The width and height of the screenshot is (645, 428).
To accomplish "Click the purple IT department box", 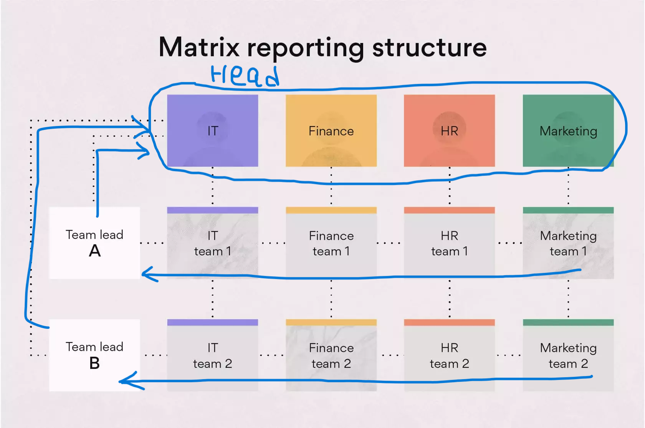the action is tap(213, 131).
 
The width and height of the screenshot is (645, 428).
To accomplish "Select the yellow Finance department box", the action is tap(331, 131).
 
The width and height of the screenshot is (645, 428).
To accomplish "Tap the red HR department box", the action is tap(450, 131).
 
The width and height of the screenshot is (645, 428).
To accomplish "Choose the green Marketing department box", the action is tap(568, 131).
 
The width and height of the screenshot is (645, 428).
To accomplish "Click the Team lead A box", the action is tap(95, 243).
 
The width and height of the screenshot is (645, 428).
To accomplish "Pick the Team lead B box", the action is tap(95, 355).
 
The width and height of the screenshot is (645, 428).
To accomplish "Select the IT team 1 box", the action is tap(213, 243).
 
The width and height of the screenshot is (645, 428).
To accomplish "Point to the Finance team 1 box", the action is tap(331, 243).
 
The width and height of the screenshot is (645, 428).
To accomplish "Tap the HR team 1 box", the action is tap(450, 243).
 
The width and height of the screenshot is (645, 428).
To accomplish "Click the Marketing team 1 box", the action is tap(568, 243).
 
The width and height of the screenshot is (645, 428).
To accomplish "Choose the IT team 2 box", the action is tap(213, 355).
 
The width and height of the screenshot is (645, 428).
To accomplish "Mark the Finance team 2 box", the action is tap(331, 355).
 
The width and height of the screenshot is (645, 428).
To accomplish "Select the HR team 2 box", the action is tap(450, 355).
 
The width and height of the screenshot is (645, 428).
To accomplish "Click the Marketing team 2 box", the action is tap(568, 355).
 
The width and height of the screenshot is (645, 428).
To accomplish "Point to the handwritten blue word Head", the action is tap(245, 76).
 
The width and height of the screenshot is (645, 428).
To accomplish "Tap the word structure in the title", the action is tap(430, 48).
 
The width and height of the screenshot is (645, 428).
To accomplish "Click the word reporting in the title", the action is tap(306, 50).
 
